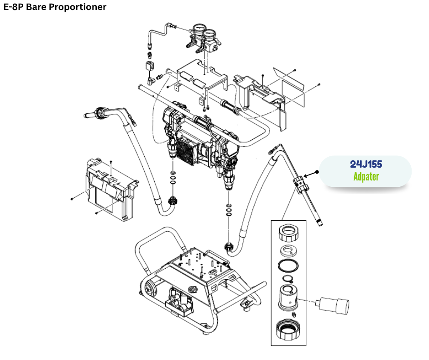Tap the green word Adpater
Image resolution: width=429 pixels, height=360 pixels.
coord(366,176)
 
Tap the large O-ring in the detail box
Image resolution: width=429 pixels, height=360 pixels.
coord(288,265)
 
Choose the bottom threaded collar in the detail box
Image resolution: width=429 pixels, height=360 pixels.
coord(288,329)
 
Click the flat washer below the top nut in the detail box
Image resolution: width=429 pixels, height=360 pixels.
coord(288,250)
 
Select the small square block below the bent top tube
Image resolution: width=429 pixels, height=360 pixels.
coord(149,66)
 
